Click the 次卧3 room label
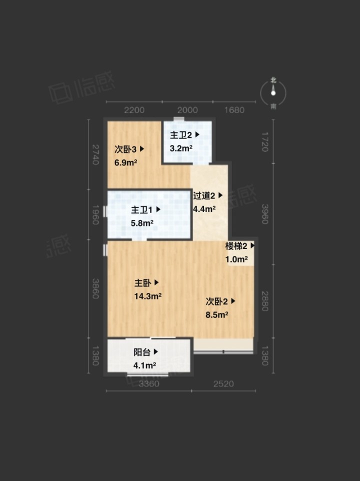[125, 149]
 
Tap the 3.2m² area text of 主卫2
[181, 148]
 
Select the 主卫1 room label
[141, 210]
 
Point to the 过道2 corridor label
[204, 195]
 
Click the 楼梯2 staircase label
[236, 245]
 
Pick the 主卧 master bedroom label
[143, 282]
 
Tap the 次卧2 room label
[217, 301]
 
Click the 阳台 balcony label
[142, 352]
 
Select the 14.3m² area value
[148, 296]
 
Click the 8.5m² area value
[217, 314]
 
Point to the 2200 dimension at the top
[134, 110]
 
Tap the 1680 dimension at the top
[234, 110]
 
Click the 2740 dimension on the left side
[95, 154]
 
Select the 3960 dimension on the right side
[265, 214]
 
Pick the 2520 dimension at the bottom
[223, 383]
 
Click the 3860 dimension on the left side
[95, 288]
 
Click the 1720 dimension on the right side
[265, 141]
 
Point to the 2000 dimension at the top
[187, 110]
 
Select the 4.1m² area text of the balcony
[144, 365]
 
